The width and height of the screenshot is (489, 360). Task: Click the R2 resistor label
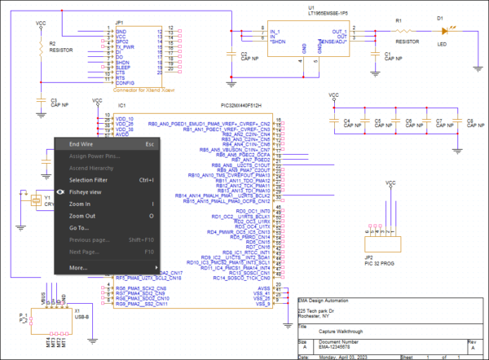click(55, 43)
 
